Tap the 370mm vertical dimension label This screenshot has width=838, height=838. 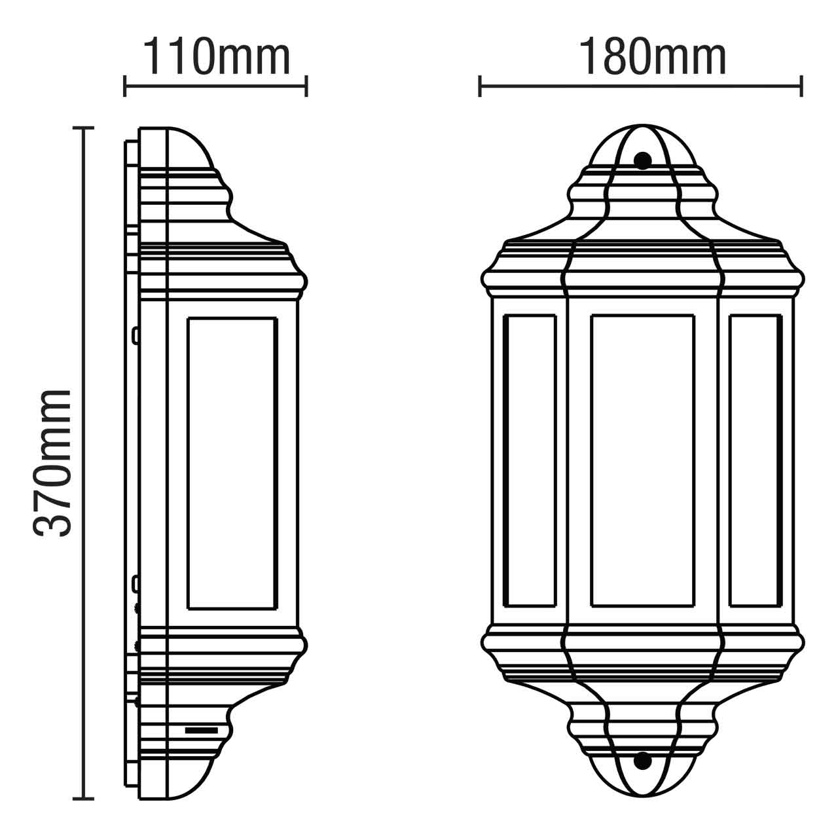click(x=52, y=464)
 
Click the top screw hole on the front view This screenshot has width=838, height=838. click(x=643, y=160)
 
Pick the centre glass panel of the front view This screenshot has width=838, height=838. click(x=642, y=460)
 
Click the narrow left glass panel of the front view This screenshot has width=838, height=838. click(x=530, y=460)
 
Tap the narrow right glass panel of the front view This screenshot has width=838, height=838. click(x=755, y=460)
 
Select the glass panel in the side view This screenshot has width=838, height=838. click(x=232, y=464)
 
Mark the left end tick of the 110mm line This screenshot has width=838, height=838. click(x=124, y=86)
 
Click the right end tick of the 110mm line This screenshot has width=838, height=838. click(x=306, y=86)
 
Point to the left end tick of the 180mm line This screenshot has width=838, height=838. click(x=480, y=86)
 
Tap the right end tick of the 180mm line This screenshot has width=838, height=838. click(x=801, y=86)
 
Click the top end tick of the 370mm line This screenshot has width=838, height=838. click(x=83, y=128)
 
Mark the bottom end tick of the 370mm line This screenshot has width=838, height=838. click(x=83, y=799)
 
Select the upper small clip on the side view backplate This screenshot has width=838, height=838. click(x=135, y=336)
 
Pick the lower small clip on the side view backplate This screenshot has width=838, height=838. click(x=135, y=582)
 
